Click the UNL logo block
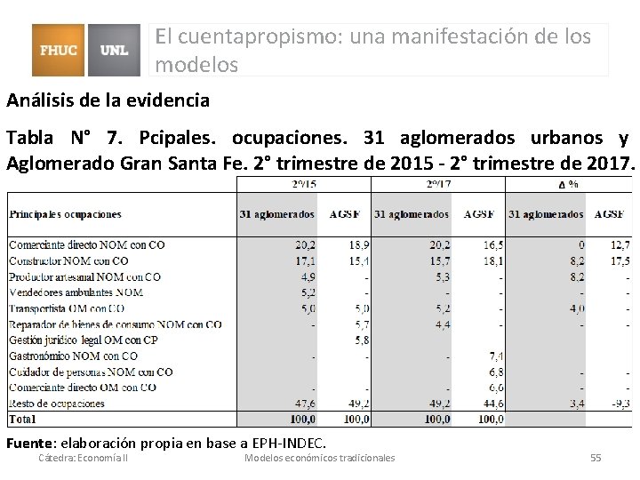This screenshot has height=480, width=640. point(115,50)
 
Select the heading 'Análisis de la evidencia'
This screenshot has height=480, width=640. point(108,100)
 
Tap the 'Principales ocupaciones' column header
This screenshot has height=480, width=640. point(66,214)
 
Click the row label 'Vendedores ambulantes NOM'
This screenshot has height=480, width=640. point(76,292)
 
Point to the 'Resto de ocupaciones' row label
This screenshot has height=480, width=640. point(56,404)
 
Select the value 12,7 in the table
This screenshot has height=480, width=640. point(620,244)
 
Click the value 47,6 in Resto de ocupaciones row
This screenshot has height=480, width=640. point(304,404)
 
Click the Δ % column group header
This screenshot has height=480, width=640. point(569,184)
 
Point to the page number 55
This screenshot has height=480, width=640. point(596,458)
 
